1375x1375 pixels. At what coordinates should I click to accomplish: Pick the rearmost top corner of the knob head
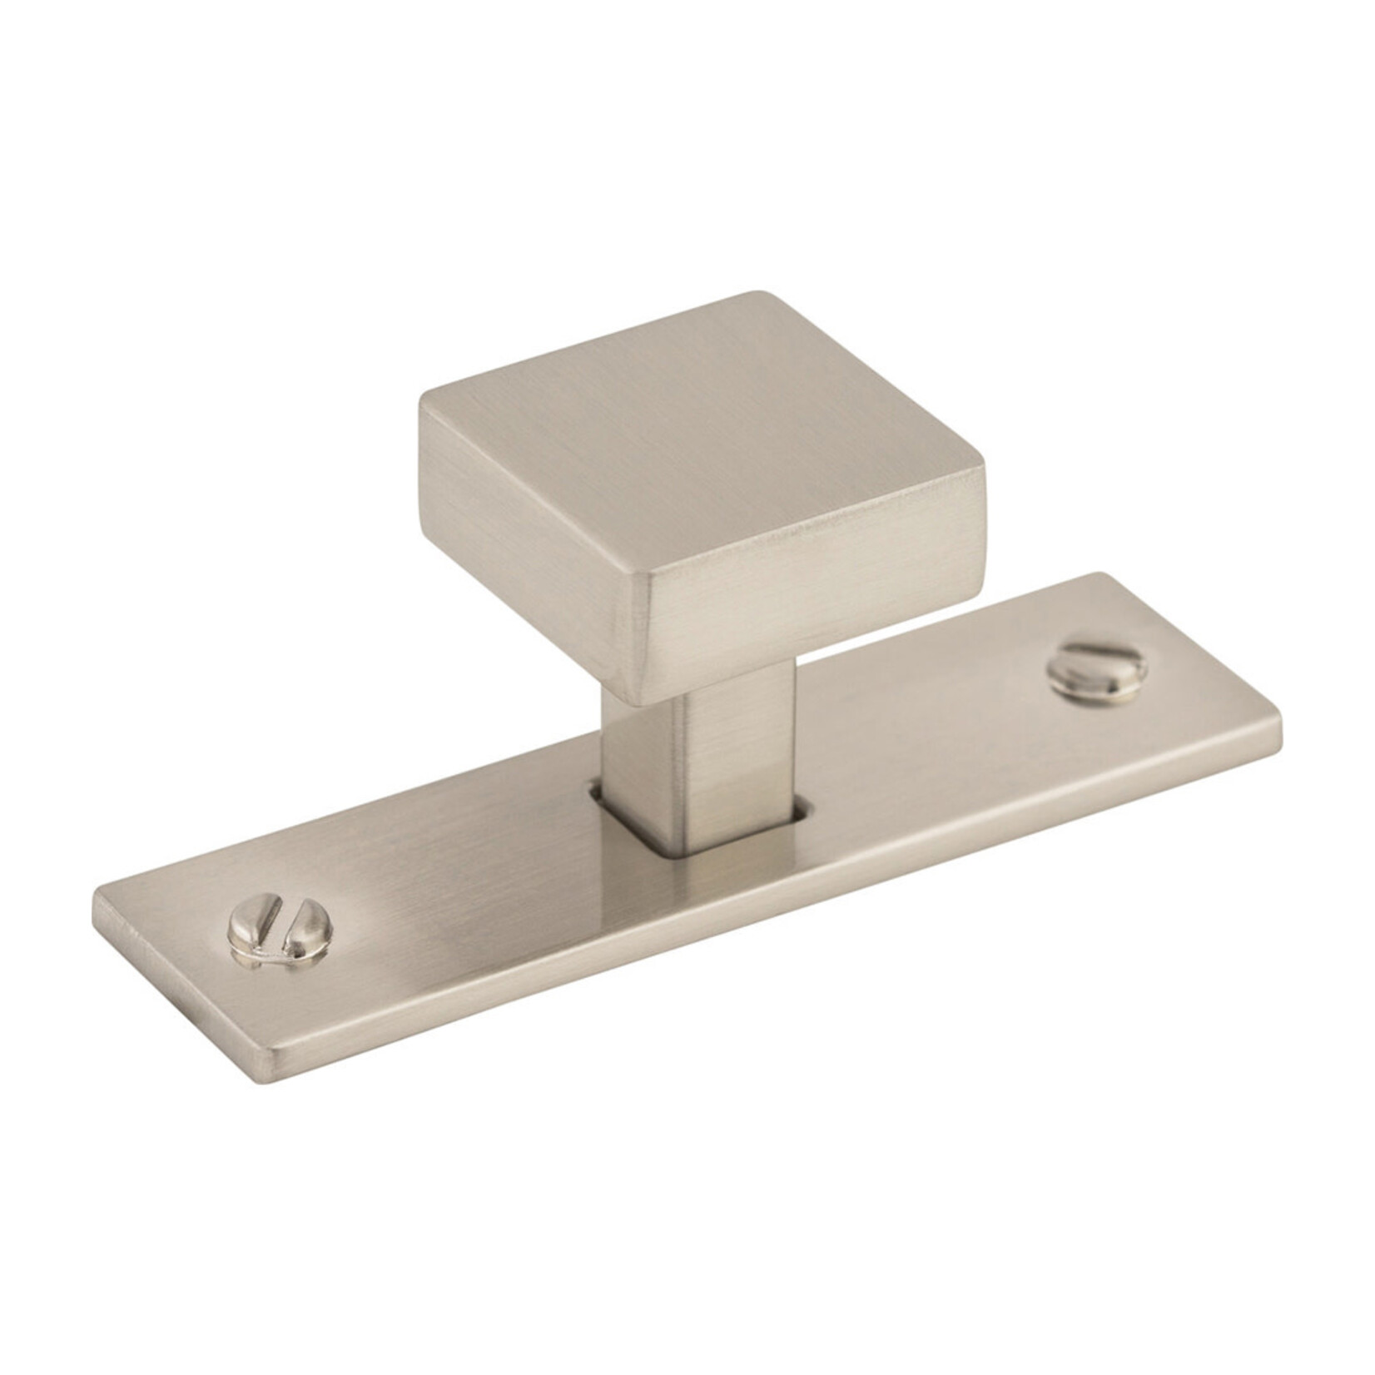click(x=757, y=293)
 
